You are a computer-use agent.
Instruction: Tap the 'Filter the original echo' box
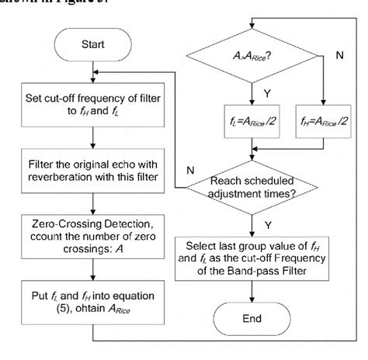tap(92, 172)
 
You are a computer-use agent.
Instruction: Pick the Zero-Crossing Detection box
tap(92, 235)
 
